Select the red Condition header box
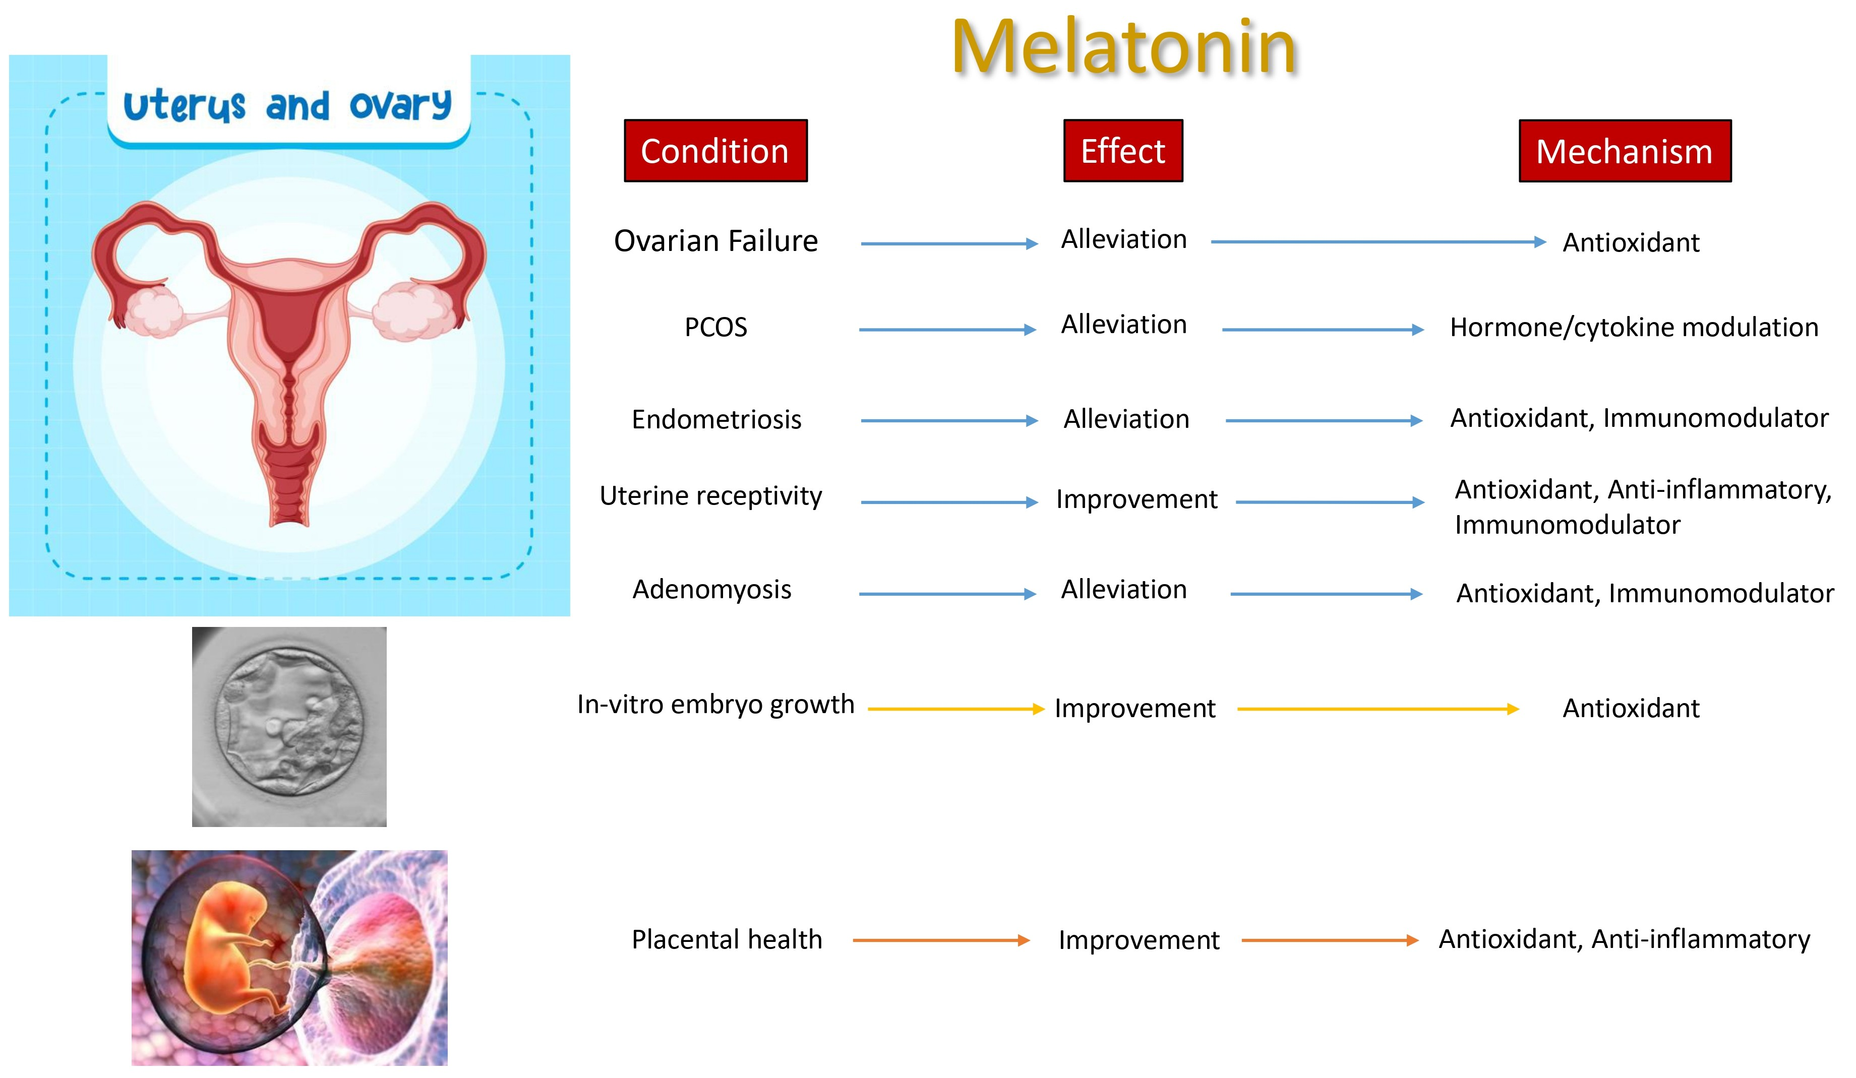(x=715, y=151)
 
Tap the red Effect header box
(x=1122, y=151)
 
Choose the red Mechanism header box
(x=1624, y=151)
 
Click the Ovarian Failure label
(x=715, y=241)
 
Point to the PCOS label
(x=715, y=327)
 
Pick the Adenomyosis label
(x=711, y=589)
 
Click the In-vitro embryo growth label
(x=715, y=704)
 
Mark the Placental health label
(x=726, y=939)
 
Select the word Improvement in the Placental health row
(x=1139, y=940)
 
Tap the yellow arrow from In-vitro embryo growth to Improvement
(x=955, y=709)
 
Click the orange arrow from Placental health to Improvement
(x=940, y=940)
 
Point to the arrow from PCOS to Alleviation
(x=946, y=330)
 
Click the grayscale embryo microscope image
(x=289, y=726)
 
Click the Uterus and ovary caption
(x=287, y=105)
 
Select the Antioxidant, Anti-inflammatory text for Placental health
(x=1624, y=939)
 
